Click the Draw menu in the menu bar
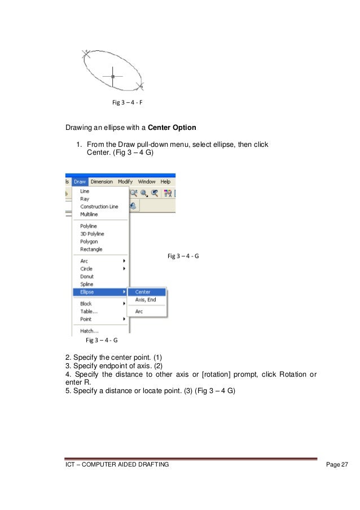(80, 182)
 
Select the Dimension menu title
(102, 182)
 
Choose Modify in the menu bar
(125, 182)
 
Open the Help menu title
(165, 182)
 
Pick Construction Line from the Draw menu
(99, 207)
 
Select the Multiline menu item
(89, 215)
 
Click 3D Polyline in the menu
(92, 234)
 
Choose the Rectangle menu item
(91, 249)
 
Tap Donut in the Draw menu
(87, 277)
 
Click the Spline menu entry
(87, 284)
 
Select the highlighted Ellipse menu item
(87, 292)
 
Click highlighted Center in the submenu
(143, 292)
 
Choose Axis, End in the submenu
(146, 300)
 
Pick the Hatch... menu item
(89, 331)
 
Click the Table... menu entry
(89, 311)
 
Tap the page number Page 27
(337, 464)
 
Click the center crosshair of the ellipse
(113, 76)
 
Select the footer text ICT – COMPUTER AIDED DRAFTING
(117, 464)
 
